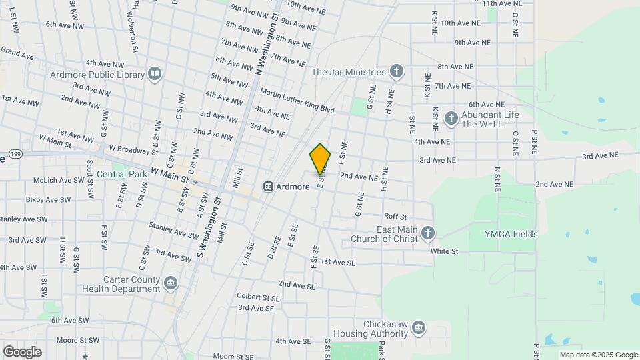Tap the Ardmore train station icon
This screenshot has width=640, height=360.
pos(269,187)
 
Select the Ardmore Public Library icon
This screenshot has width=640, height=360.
pos(155,73)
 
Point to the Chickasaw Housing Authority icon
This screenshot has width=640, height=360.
pos(419,327)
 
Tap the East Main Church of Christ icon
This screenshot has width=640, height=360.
pos(428,233)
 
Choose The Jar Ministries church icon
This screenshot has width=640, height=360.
pos(397,71)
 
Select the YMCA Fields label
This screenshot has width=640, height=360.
pos(511,234)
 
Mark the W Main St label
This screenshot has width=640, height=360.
pos(170,176)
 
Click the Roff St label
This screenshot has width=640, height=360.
pos(395,217)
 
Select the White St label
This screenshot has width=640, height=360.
pos(445,251)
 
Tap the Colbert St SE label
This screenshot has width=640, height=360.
pos(258,296)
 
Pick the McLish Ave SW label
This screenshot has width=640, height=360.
pos(59,180)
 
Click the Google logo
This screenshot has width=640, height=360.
pos(22,352)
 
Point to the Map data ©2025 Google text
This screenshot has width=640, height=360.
pos(598,355)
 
